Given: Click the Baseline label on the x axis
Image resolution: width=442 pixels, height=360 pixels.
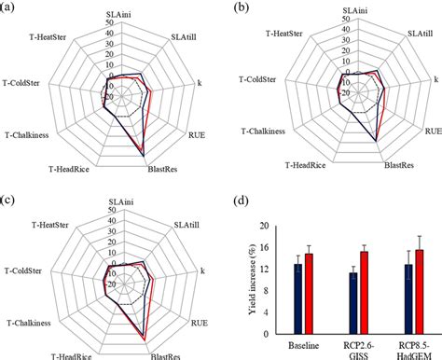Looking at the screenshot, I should pos(303,341).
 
